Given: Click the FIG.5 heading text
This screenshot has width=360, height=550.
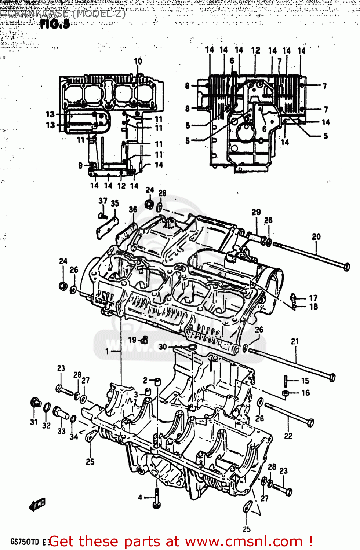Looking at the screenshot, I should pos(55,24).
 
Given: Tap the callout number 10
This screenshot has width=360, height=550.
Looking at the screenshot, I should pos(138,61).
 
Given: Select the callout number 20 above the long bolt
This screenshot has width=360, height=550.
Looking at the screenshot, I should pos(316,237).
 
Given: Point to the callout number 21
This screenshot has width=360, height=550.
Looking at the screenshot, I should pos(295,341).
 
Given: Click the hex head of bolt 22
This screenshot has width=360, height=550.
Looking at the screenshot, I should pos(310,423).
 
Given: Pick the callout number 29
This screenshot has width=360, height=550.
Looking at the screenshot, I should pos(256,212).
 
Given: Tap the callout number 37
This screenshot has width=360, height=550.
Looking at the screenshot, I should pos(103,201).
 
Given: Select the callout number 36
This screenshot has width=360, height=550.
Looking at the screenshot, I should pos(133,209).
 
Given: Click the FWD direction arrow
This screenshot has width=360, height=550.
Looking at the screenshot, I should pos(37,505).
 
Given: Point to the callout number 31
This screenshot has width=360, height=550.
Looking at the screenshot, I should pos(34,422).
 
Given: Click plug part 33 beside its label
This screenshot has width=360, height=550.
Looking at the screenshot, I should pos(60,412).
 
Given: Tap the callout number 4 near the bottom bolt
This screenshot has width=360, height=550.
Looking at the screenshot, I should pos(140,497).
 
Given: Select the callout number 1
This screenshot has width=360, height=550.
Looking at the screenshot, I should pos(107,351).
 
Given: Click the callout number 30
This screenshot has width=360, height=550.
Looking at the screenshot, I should pos(163,346).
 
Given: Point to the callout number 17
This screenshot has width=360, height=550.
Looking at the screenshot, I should pos(313,298).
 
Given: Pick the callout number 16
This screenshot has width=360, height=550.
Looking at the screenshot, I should pos(306,393).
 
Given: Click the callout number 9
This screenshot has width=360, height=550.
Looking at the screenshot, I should pos(80,165).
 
